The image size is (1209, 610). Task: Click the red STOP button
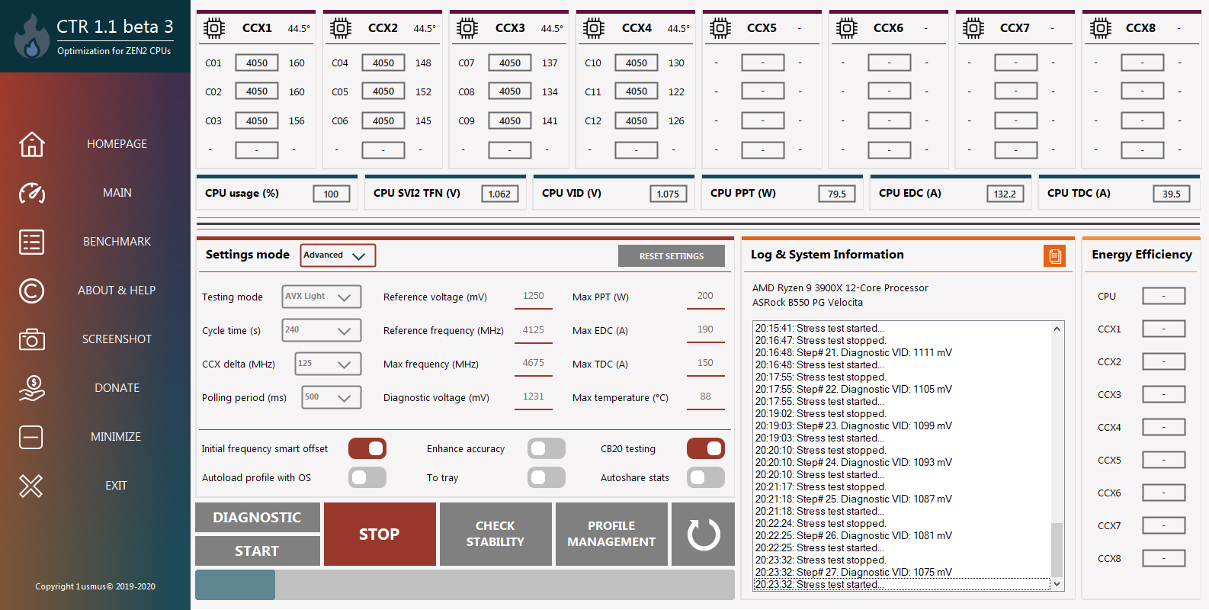pyautogui.click(x=380, y=534)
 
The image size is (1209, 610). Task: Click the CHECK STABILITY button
pyautogui.click(x=495, y=534)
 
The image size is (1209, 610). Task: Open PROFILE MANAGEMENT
pyautogui.click(x=611, y=534)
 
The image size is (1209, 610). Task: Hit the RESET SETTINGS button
pyautogui.click(x=672, y=256)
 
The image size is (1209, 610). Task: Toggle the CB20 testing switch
pyautogui.click(x=705, y=448)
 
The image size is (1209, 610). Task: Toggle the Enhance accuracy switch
pyautogui.click(x=547, y=448)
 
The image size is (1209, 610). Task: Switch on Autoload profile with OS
pyautogui.click(x=367, y=478)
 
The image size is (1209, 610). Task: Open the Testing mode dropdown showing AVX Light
pyautogui.click(x=321, y=297)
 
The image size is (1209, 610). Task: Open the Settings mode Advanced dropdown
pyautogui.click(x=338, y=255)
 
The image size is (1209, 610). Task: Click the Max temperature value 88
pyautogui.click(x=705, y=396)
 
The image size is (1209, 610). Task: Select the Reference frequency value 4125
pyautogui.click(x=534, y=330)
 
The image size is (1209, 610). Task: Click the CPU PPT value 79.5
pyautogui.click(x=836, y=194)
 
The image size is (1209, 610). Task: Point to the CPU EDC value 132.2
pyautogui.click(x=1005, y=194)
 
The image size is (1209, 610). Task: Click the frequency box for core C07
pyautogui.click(x=509, y=63)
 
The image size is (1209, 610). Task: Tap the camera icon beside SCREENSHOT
pyautogui.click(x=32, y=339)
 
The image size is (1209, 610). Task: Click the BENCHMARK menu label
pyautogui.click(x=117, y=241)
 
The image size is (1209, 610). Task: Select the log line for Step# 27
pyautogui.click(x=853, y=572)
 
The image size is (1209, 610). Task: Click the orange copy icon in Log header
pyautogui.click(x=1055, y=256)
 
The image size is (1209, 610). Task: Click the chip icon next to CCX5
pyautogui.click(x=720, y=28)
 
